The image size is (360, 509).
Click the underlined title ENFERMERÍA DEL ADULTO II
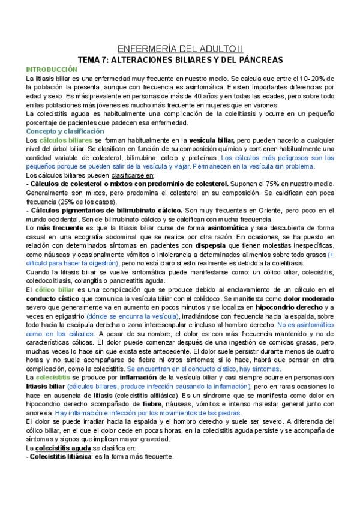(x=180, y=49)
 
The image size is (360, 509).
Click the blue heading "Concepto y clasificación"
(x=65, y=131)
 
